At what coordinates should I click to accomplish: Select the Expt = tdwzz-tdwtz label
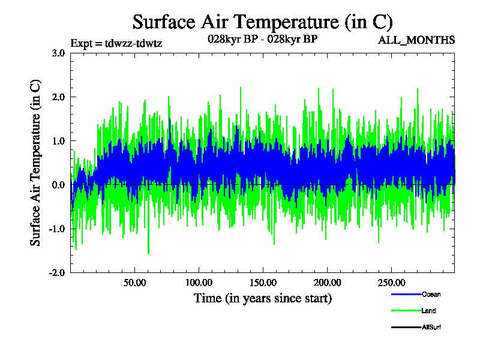(x=116, y=43)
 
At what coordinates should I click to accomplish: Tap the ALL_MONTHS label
(x=416, y=40)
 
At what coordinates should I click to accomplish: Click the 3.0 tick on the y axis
(x=58, y=53)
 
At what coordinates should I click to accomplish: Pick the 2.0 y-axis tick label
(x=58, y=97)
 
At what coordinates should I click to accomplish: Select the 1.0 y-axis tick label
(x=58, y=141)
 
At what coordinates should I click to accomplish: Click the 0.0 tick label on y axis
(x=58, y=185)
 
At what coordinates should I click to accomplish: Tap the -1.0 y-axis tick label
(x=57, y=229)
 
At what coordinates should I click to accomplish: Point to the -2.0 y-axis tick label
(x=57, y=272)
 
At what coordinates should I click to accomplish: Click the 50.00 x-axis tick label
(x=134, y=283)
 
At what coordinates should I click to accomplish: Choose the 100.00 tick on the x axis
(x=199, y=283)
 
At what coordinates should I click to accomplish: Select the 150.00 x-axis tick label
(x=262, y=283)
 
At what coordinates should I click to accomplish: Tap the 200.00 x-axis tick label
(x=326, y=283)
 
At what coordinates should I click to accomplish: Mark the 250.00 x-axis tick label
(x=391, y=283)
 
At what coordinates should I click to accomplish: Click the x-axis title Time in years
(x=262, y=298)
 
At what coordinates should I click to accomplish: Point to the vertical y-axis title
(x=36, y=163)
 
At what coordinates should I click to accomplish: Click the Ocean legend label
(x=431, y=295)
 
